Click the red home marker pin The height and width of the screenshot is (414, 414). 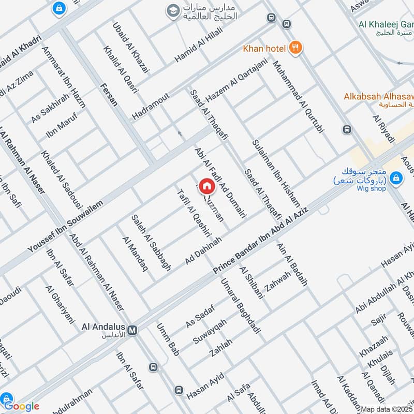(206, 186)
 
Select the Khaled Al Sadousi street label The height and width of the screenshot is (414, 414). (58, 176)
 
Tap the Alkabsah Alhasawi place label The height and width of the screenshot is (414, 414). (379, 96)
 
